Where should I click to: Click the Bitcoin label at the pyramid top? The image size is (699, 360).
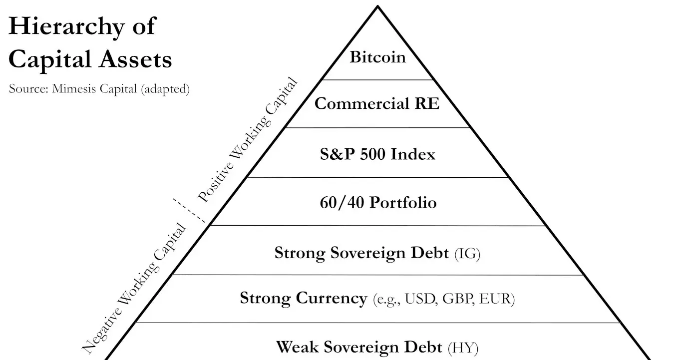(377, 57)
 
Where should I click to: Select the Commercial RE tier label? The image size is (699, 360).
(377, 104)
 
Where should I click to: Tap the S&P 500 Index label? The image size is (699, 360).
(377, 154)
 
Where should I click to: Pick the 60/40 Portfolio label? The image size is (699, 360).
(378, 203)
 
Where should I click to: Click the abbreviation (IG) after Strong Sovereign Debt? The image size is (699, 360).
(467, 253)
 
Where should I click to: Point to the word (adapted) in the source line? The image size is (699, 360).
(165, 90)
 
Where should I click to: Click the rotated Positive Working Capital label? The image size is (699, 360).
(248, 141)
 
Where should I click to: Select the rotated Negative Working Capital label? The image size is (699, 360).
(134, 288)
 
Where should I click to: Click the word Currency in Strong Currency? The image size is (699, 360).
(332, 299)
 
